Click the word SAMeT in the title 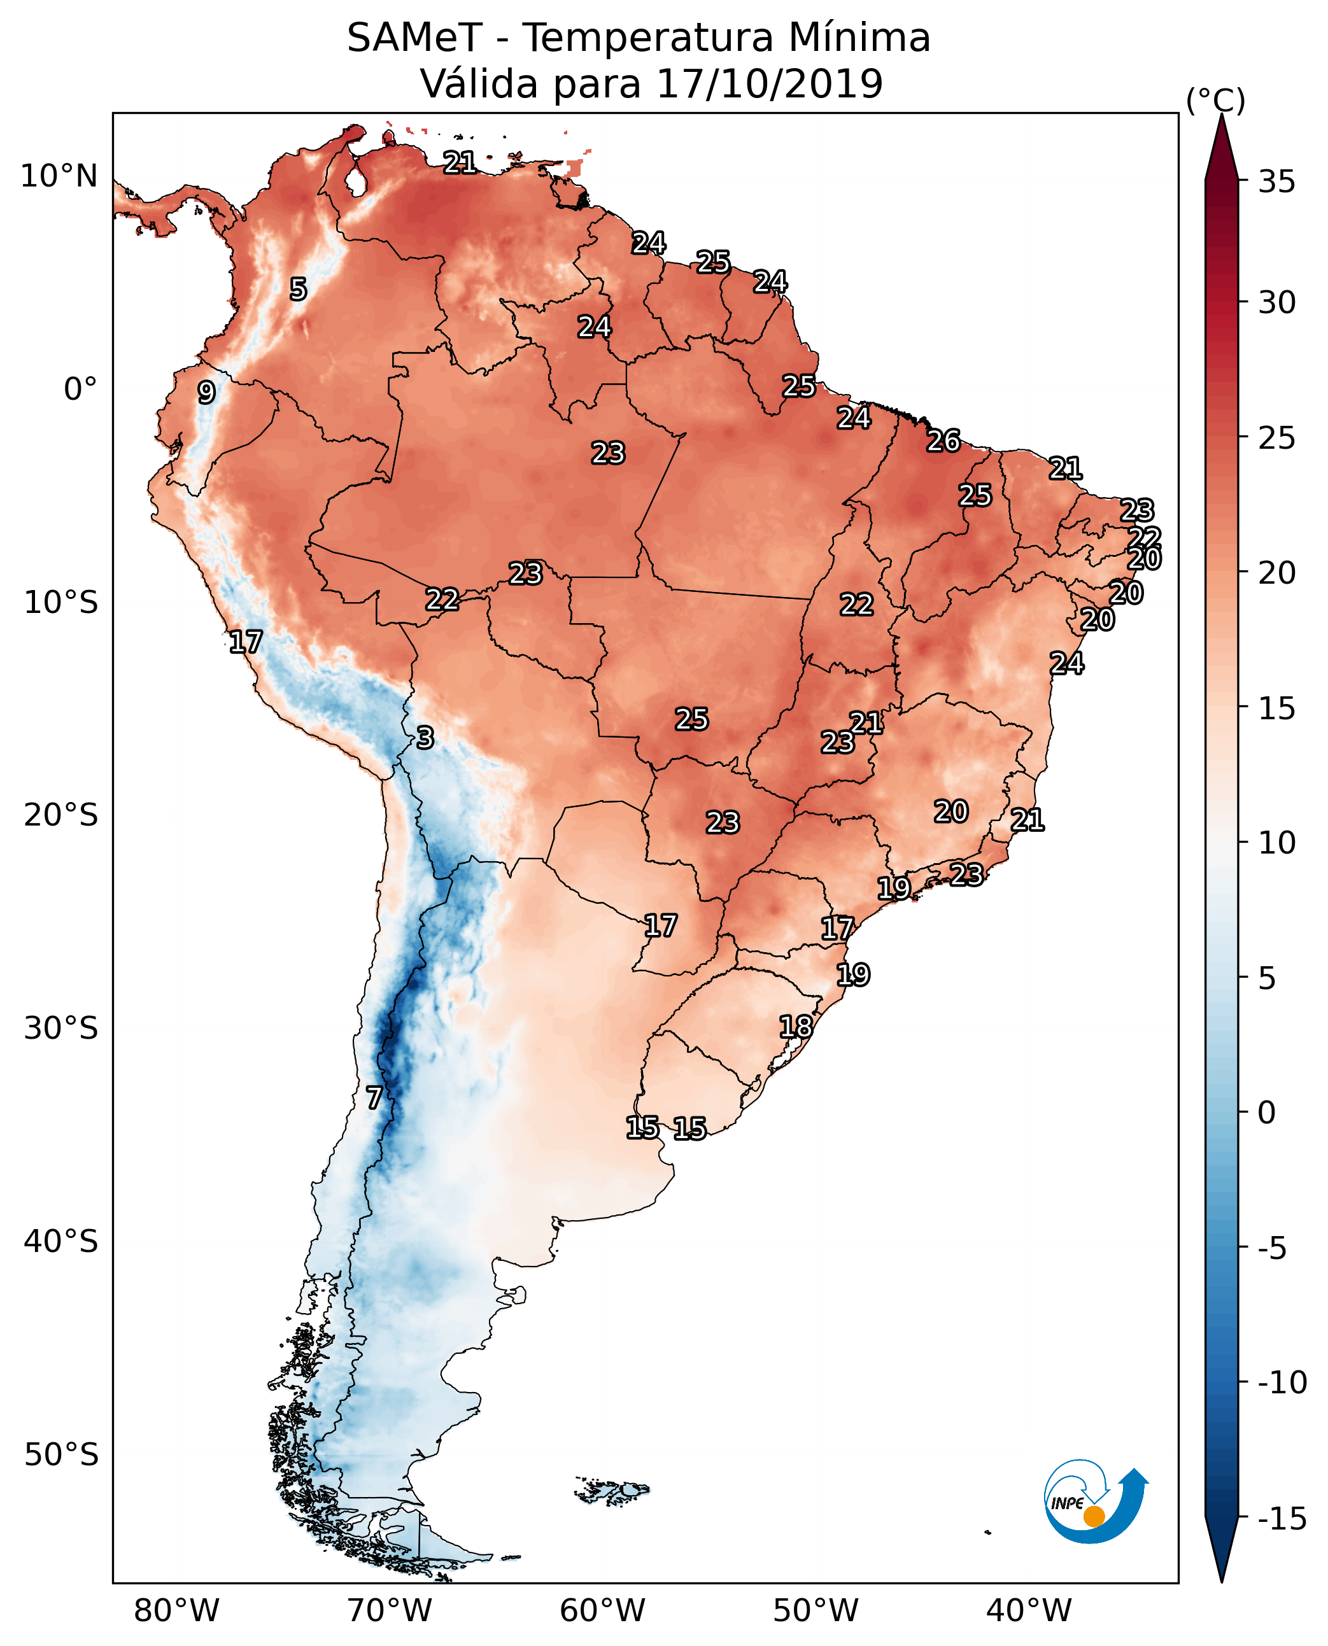414,38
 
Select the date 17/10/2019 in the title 770,83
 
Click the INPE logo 1096,1501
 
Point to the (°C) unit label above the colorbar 1215,101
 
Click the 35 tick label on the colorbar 1276,182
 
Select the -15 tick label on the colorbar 1282,1517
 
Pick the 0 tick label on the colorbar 1267,1112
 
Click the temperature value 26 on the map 943,440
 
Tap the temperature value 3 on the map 425,737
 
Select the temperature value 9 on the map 206,392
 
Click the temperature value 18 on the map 796,1027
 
